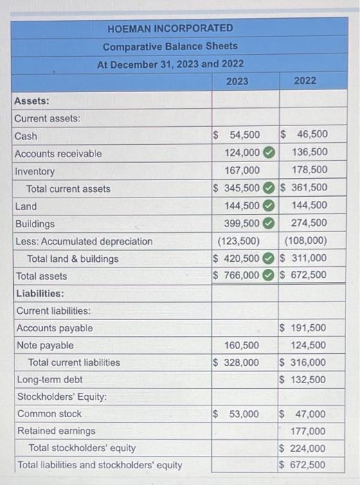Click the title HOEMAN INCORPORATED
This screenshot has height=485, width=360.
170,28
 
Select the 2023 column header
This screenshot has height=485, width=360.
237,81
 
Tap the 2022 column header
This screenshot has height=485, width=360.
305,81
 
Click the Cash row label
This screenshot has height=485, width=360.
26,136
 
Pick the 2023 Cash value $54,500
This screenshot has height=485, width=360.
237,135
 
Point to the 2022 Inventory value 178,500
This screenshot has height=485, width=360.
309,170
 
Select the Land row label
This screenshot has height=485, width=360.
26,206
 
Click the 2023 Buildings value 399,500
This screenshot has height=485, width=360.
242,223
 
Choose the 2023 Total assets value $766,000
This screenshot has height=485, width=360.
237,275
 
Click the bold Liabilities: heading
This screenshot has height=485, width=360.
39,294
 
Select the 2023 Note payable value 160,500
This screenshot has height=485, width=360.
242,345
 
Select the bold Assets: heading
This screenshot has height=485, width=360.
32,101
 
